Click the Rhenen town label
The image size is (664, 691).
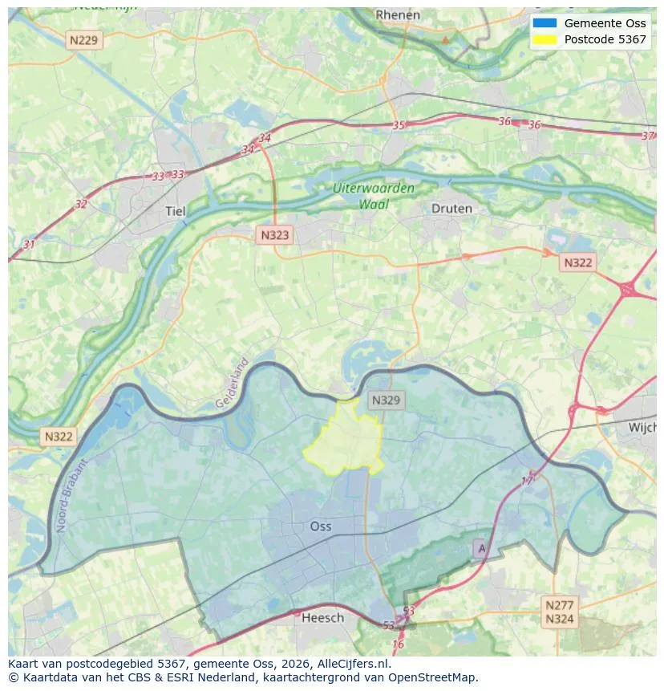tap(398, 14)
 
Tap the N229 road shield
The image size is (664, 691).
tap(85, 39)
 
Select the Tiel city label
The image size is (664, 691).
tap(175, 211)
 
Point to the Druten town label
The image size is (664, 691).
tap(451, 209)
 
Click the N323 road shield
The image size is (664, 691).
tap(274, 235)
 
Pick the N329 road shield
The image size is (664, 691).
tap(386, 400)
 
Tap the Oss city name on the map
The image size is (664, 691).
tap(321, 526)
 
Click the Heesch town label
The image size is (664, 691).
tap(322, 617)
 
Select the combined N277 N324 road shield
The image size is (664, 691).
tap(559, 612)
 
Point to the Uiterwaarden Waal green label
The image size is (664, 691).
tap(375, 196)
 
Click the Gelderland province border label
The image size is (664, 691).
tap(233, 383)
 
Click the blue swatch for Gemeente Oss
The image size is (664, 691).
tap(544, 23)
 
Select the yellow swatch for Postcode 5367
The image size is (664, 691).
tap(544, 39)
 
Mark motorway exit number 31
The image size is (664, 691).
tap(30, 244)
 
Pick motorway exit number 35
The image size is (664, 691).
tap(399, 125)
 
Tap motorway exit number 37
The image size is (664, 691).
tap(648, 136)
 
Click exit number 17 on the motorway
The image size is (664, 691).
tap(528, 480)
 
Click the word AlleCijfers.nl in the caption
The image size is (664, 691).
tap(353, 665)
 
